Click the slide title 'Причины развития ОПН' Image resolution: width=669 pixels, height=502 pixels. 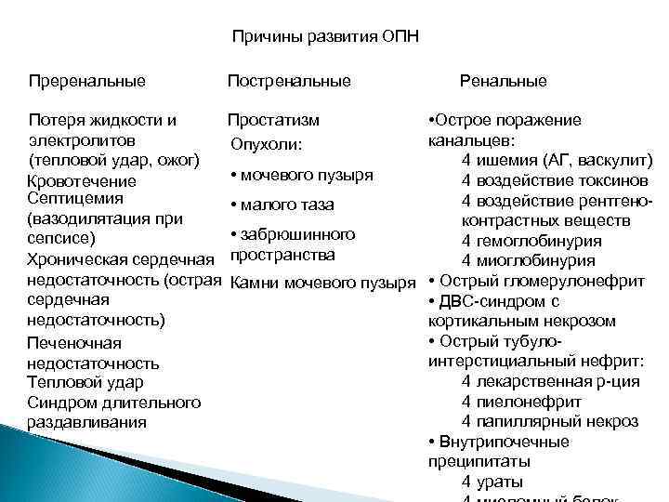click(325, 37)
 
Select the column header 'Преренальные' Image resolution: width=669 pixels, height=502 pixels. click(87, 81)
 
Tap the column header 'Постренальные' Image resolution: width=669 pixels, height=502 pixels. click(289, 81)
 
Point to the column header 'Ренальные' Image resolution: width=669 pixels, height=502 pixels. click(504, 81)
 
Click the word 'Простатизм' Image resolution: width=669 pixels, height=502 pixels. click(274, 120)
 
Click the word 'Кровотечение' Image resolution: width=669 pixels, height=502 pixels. click(82, 181)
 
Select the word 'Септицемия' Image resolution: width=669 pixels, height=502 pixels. click(76, 199)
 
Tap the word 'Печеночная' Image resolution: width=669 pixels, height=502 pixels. click(75, 344)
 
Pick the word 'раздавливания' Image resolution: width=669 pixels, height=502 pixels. click(87, 422)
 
